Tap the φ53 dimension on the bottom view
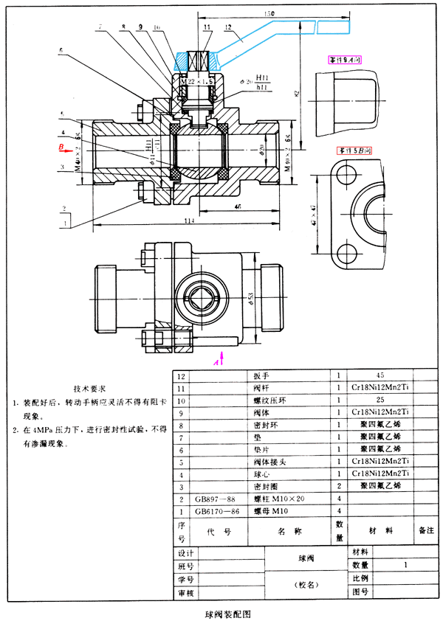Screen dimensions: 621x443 (251, 297)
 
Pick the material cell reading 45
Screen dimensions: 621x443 (380, 376)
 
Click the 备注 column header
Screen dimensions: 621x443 (426, 530)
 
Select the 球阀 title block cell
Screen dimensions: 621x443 (295, 558)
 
